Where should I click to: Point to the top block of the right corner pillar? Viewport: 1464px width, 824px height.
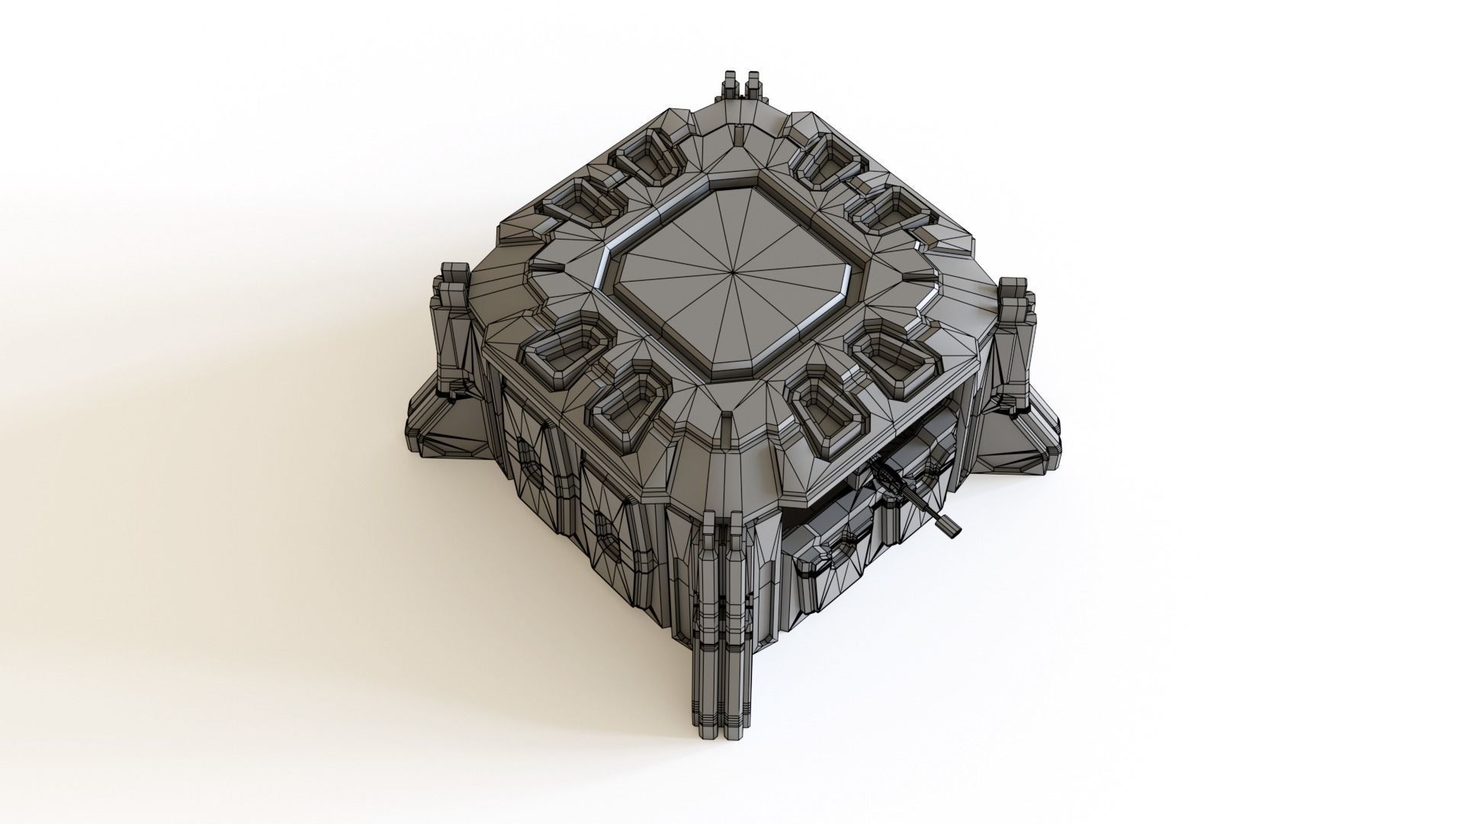click(1013, 288)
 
